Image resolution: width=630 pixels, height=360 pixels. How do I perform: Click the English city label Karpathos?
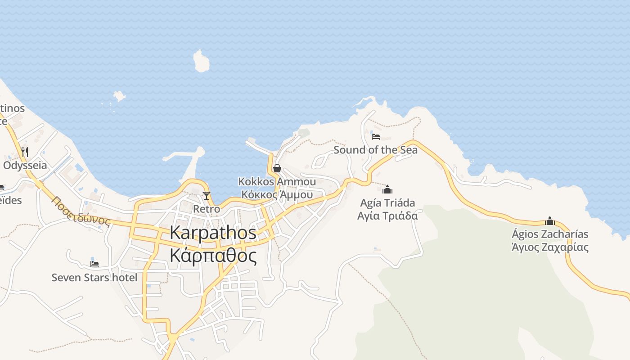click(213, 233)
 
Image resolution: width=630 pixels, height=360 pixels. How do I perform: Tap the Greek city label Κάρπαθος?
click(213, 256)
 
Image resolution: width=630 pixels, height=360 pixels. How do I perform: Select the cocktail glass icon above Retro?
click(207, 195)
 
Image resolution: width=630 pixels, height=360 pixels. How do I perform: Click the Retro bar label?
click(207, 209)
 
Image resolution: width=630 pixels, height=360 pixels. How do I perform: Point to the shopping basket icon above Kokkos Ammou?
click(277, 168)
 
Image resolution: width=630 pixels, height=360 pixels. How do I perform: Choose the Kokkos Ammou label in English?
click(277, 182)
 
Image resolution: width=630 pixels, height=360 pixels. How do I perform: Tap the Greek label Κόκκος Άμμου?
click(277, 194)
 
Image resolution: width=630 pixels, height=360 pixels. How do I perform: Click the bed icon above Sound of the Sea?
click(376, 136)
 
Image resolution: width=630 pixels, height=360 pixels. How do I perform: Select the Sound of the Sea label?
click(375, 150)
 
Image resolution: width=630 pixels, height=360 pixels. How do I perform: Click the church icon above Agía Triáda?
click(387, 189)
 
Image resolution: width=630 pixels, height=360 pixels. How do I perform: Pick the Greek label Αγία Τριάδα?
click(387, 216)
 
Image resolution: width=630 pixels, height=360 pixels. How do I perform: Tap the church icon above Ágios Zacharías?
click(550, 221)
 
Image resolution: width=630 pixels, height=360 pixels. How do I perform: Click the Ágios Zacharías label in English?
click(550, 234)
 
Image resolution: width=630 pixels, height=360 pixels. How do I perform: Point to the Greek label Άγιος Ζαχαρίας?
click(550, 247)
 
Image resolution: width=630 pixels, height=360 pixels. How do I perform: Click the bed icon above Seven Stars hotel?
click(94, 264)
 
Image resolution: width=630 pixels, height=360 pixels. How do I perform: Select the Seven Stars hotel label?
click(94, 278)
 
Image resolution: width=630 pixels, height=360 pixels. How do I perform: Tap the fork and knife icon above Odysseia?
click(25, 152)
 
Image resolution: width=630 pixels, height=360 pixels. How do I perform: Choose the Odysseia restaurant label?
click(25, 165)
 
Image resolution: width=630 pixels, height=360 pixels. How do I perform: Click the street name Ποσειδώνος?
click(81, 211)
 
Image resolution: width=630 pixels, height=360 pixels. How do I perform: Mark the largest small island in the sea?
click(201, 61)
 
